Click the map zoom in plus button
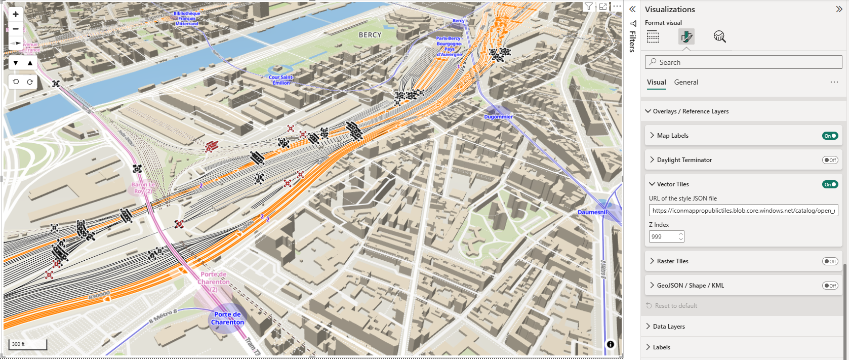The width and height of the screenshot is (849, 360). coord(16,14)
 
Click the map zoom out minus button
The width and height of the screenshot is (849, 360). coord(16,29)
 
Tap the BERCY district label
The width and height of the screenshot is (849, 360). coord(370,35)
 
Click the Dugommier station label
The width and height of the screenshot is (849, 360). coord(498,116)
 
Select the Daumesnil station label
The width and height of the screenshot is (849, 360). coord(592,212)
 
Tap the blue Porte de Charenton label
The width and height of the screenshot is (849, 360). coord(227,318)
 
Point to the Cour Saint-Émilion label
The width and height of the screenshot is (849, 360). coord(281,80)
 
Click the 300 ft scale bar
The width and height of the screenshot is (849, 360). coord(28,344)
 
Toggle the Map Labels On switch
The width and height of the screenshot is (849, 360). coord(830,136)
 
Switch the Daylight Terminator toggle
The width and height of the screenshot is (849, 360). coord(830,160)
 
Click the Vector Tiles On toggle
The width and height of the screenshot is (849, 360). coord(830,184)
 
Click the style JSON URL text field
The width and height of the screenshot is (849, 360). coord(743,211)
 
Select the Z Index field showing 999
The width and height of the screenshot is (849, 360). coord(663,236)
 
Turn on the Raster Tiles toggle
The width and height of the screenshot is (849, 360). coord(830,261)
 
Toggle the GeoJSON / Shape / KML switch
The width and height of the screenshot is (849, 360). coord(830,286)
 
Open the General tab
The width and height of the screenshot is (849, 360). coord(686,82)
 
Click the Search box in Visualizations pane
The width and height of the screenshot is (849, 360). coord(743,62)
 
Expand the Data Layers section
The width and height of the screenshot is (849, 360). coord(668,327)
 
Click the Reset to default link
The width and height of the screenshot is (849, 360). coord(675,306)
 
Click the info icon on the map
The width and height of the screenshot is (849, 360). coord(610,344)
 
